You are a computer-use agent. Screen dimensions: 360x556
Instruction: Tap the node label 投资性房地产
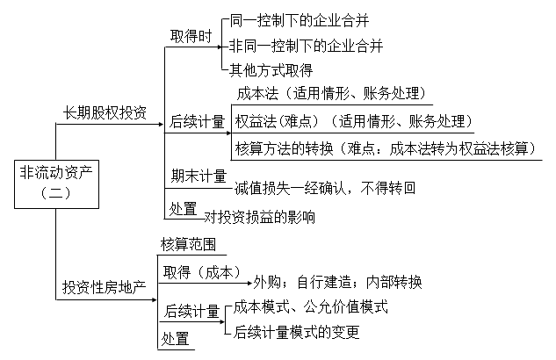[x=105, y=289]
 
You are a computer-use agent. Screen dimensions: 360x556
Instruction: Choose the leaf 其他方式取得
[x=271, y=68]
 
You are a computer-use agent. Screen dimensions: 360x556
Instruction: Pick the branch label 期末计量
[x=198, y=176]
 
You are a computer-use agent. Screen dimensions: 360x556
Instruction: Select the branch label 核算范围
[x=187, y=243]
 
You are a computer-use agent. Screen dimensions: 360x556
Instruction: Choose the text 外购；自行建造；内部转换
[x=338, y=283]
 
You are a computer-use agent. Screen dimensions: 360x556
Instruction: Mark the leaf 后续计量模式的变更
[x=297, y=333]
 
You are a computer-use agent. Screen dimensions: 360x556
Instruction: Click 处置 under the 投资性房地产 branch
[x=174, y=337]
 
